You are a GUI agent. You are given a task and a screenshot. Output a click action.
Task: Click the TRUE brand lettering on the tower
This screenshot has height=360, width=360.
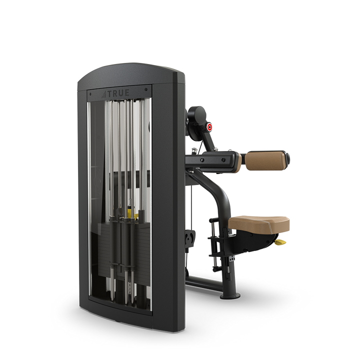coord(118,93)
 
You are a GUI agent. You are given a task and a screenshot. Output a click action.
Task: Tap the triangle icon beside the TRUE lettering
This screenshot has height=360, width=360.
coord(104,94)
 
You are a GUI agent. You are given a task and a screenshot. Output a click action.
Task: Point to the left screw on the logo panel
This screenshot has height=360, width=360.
coord(90,94)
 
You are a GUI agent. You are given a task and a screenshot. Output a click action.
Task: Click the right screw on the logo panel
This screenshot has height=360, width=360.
coord(146,89)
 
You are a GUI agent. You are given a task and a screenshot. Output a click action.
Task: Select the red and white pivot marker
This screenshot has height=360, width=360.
coord(209,127)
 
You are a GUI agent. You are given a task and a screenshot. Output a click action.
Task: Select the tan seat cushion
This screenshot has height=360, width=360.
coord(259,224)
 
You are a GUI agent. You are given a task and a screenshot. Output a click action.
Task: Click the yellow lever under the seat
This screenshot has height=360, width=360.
coord(281,242)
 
